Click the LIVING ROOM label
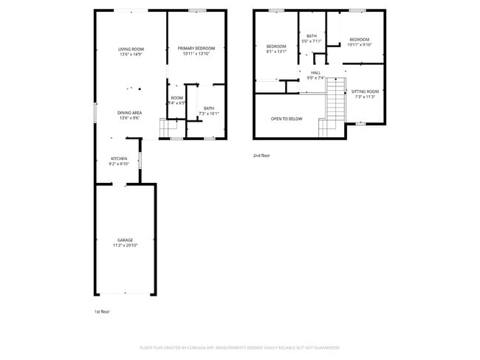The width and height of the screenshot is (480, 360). click(x=131, y=49)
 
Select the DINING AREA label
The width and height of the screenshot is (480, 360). click(x=129, y=112)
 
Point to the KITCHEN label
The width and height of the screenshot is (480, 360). click(x=119, y=159)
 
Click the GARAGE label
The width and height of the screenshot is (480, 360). click(x=125, y=240)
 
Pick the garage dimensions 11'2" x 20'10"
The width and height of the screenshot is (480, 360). click(x=125, y=245)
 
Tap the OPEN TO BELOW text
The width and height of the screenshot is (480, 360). click(x=287, y=118)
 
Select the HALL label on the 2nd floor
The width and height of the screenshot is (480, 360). click(x=315, y=72)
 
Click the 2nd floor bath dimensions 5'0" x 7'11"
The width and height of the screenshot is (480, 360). click(x=312, y=41)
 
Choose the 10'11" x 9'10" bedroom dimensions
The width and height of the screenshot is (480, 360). click(x=360, y=44)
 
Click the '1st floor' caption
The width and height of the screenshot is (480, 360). click(x=103, y=311)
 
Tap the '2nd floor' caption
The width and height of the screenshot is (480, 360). click(x=261, y=156)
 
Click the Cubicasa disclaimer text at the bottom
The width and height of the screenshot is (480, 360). click(x=239, y=347)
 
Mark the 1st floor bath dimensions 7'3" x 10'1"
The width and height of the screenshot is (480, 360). click(x=209, y=114)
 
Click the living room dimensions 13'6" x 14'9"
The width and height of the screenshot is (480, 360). click(x=131, y=54)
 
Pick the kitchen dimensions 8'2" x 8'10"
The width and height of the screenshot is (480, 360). click(x=119, y=164)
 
